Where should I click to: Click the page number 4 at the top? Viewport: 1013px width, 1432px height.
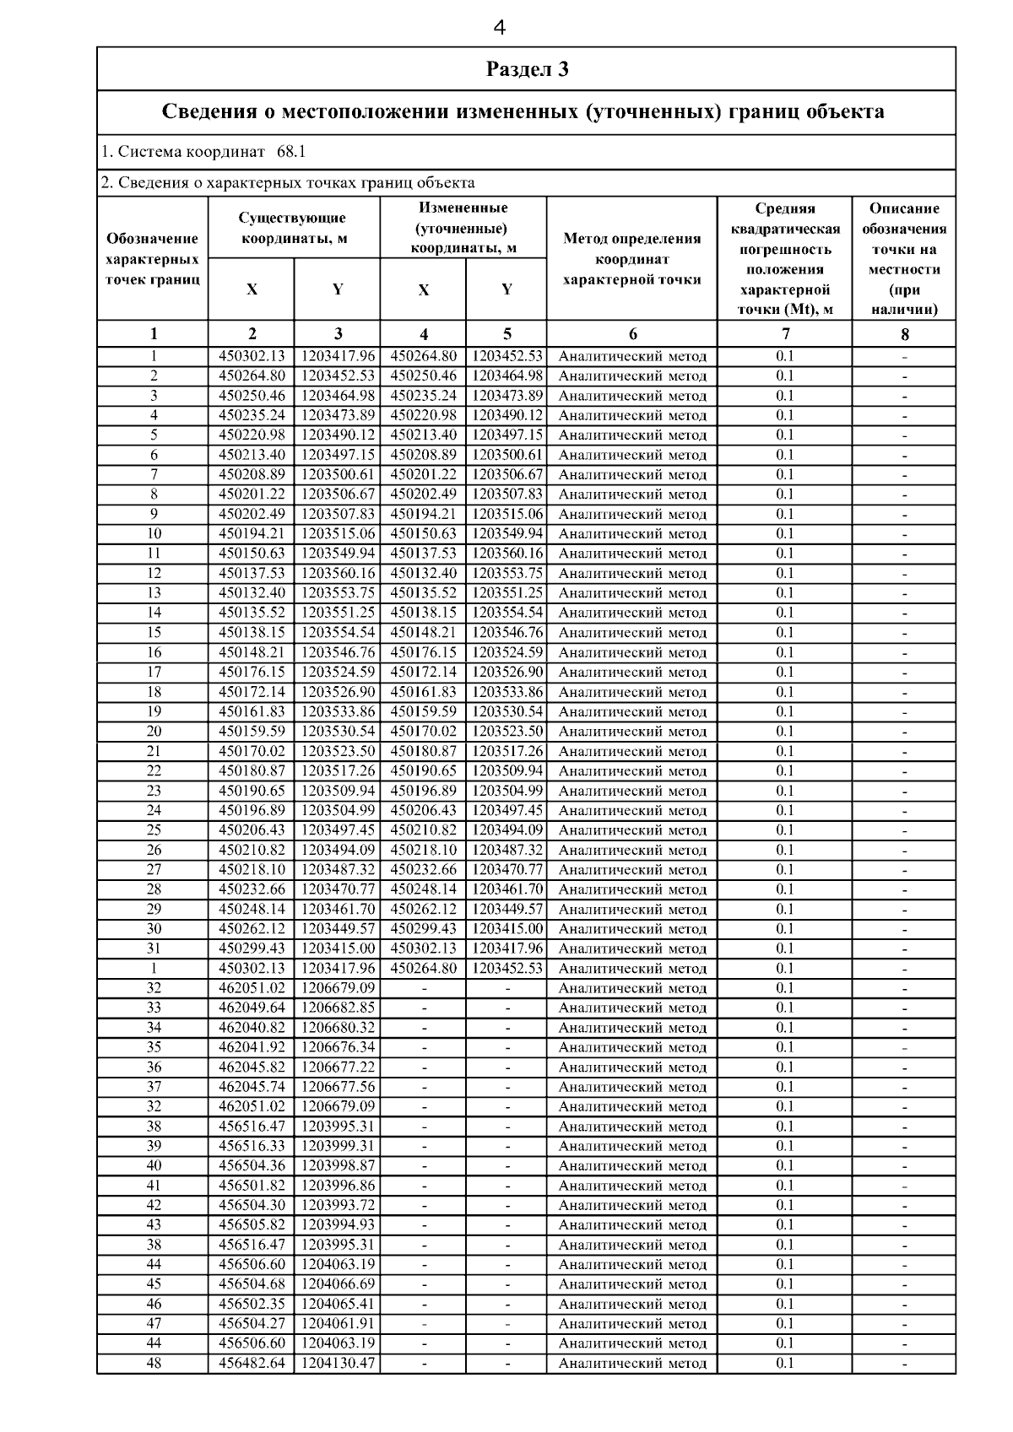[499, 29]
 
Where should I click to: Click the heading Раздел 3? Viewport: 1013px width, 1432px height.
[527, 69]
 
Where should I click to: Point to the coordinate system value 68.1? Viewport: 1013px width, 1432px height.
[291, 153]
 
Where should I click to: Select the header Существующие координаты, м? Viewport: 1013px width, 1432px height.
[293, 228]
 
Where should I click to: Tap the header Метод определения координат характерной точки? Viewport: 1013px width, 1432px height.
[631, 259]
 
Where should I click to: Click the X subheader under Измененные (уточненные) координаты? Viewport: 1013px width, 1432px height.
[423, 290]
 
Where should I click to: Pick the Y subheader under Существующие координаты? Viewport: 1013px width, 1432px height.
[337, 290]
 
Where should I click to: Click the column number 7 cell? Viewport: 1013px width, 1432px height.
[785, 334]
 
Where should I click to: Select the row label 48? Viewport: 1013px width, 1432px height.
[154, 1363]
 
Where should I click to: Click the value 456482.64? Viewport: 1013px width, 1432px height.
[252, 1363]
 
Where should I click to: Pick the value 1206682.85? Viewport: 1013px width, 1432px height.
[338, 1008]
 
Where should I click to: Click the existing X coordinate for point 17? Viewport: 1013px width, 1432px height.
[252, 673]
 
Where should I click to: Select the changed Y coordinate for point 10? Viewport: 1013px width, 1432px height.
[507, 534]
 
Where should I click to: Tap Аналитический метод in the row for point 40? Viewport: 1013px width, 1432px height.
[632, 1166]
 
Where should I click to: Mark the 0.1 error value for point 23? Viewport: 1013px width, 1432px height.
[785, 791]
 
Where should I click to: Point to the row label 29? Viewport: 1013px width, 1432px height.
[154, 910]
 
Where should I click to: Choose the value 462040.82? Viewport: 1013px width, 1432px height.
[252, 1028]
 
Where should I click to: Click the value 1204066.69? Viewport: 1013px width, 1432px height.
[338, 1284]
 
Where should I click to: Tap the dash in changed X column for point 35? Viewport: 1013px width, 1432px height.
[424, 1047]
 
